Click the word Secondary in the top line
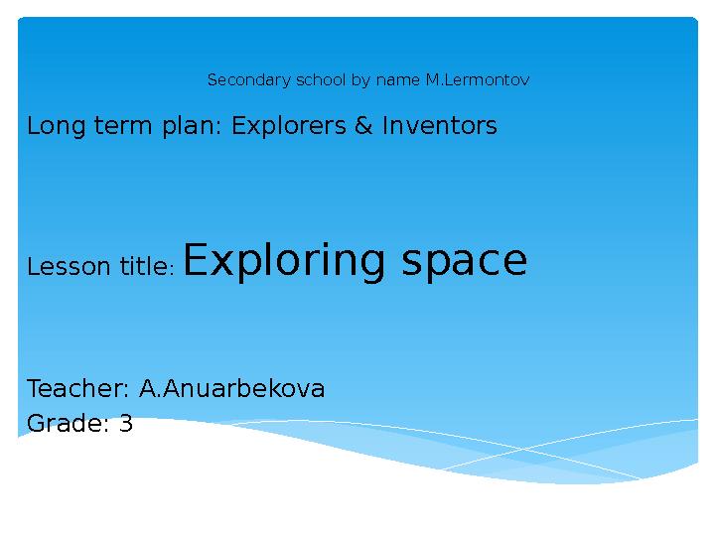248,80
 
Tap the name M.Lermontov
478,79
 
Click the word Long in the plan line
56,126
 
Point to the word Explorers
289,126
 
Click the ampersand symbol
363,125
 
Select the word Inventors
440,125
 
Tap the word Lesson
69,266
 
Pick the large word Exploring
284,261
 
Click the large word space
464,262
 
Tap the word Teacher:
78,388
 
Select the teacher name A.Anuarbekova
231,388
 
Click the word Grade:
68,423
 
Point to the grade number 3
126,423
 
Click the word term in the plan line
123,126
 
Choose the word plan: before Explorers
192,126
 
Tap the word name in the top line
397,80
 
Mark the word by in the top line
360,80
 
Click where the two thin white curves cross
524,449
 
